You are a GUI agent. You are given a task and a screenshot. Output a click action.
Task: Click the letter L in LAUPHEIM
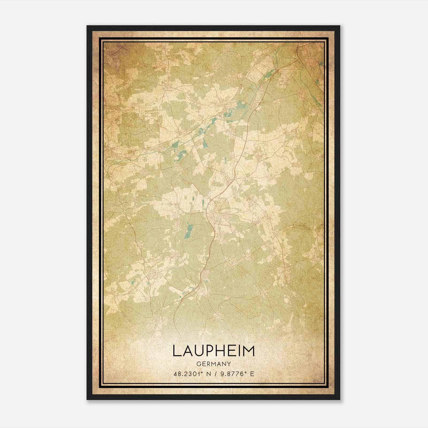177,351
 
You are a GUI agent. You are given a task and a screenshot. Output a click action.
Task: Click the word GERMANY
213,364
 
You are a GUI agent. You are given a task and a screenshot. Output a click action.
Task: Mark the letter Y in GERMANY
229,364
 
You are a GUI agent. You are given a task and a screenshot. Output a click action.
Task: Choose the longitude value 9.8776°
232,374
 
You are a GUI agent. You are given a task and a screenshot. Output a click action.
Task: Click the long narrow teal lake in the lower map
189,230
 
